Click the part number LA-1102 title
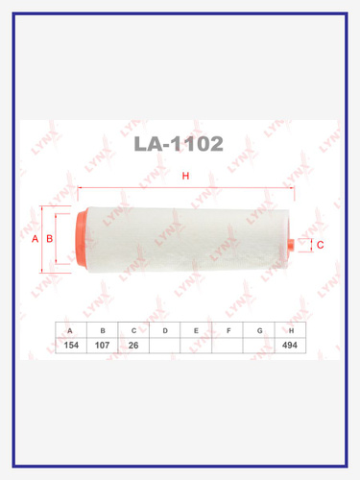179,144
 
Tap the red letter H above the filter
185,176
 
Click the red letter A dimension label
35,239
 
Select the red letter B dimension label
50,239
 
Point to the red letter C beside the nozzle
320,245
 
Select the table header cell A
71,330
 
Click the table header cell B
103,330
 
